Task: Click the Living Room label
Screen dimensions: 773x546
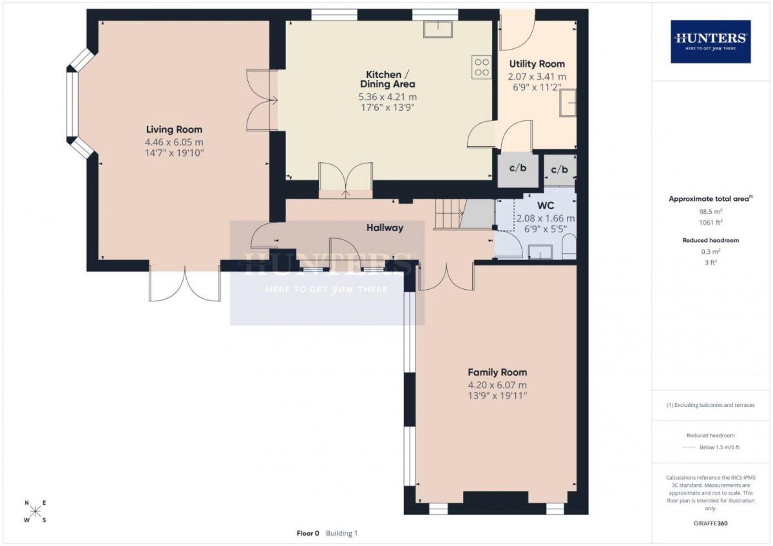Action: click(x=174, y=129)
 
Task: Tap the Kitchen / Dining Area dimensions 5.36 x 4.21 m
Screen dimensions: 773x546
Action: click(x=388, y=97)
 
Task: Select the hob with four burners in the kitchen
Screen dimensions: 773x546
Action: click(x=482, y=67)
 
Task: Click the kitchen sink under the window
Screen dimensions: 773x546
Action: click(x=438, y=29)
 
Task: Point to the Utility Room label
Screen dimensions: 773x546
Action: click(x=537, y=64)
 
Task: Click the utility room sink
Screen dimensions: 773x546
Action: click(x=568, y=103)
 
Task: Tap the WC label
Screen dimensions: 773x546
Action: click(x=546, y=205)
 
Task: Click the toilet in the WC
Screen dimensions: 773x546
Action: click(x=569, y=247)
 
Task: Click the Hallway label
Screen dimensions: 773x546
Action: click(x=385, y=228)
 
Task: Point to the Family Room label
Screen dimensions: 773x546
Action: click(x=497, y=372)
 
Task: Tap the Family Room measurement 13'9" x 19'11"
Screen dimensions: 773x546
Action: click(x=497, y=395)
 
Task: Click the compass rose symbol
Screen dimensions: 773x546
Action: click(x=35, y=511)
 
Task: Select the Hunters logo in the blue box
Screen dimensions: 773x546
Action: click(x=711, y=41)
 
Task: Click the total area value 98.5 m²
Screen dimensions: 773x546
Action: click(x=711, y=211)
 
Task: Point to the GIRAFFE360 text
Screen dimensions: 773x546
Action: click(x=711, y=523)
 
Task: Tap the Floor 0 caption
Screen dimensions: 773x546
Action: click(x=308, y=533)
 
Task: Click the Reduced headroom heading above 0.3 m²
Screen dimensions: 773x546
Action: click(x=711, y=240)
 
